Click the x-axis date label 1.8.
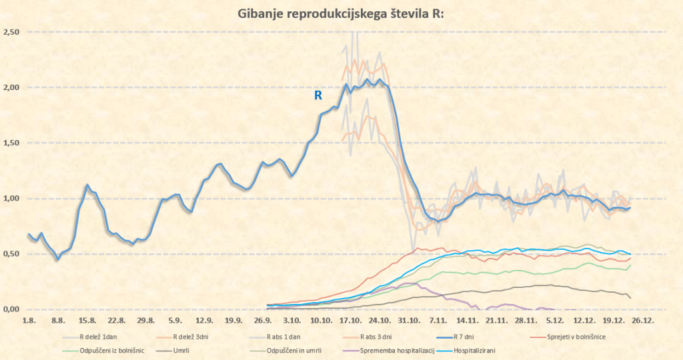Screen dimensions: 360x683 29,321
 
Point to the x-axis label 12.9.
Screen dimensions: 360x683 204,321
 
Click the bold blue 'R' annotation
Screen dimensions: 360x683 318,96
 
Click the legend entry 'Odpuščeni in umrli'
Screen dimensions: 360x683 294,350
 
